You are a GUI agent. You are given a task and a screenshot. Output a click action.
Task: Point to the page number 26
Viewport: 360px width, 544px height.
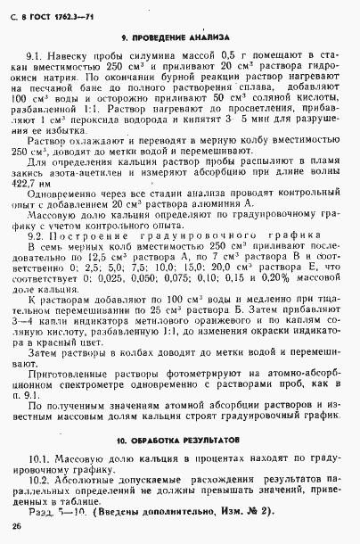pyautogui.click(x=19, y=526)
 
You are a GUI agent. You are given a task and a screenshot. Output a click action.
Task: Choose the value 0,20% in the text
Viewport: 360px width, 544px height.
pyautogui.click(x=273, y=280)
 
